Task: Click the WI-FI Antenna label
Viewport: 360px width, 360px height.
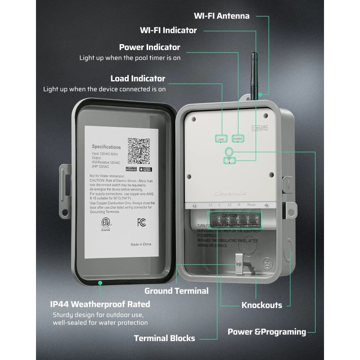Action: pyautogui.click(x=221, y=16)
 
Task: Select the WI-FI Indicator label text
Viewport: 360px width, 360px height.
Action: pyautogui.click(x=168, y=31)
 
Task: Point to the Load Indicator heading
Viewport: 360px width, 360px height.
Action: pyautogui.click(x=138, y=79)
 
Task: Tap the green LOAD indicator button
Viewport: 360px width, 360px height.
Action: pyautogui.click(x=221, y=139)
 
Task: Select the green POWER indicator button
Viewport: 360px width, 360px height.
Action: pyautogui.click(x=238, y=139)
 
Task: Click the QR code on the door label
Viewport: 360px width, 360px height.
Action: pyautogui.click(x=139, y=151)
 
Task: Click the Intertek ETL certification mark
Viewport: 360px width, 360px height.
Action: pyautogui.click(x=105, y=223)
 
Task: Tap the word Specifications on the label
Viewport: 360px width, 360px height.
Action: pyautogui.click(x=106, y=147)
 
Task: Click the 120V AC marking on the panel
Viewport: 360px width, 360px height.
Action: pyautogui.click(x=260, y=127)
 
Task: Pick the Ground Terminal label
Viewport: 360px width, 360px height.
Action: pyautogui.click(x=176, y=291)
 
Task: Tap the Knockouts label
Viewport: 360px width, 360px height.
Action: pyautogui.click(x=262, y=305)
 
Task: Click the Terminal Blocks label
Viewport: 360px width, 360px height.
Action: pyautogui.click(x=164, y=338)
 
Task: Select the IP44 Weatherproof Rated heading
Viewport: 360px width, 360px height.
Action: pyautogui.click(x=100, y=304)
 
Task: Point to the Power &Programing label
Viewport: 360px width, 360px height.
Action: pyautogui.click(x=267, y=332)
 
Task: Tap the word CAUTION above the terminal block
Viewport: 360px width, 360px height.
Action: pyautogui.click(x=229, y=216)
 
